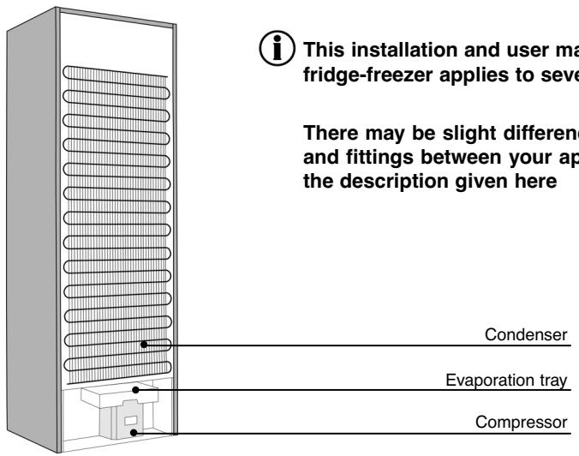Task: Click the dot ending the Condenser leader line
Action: [146, 345]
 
